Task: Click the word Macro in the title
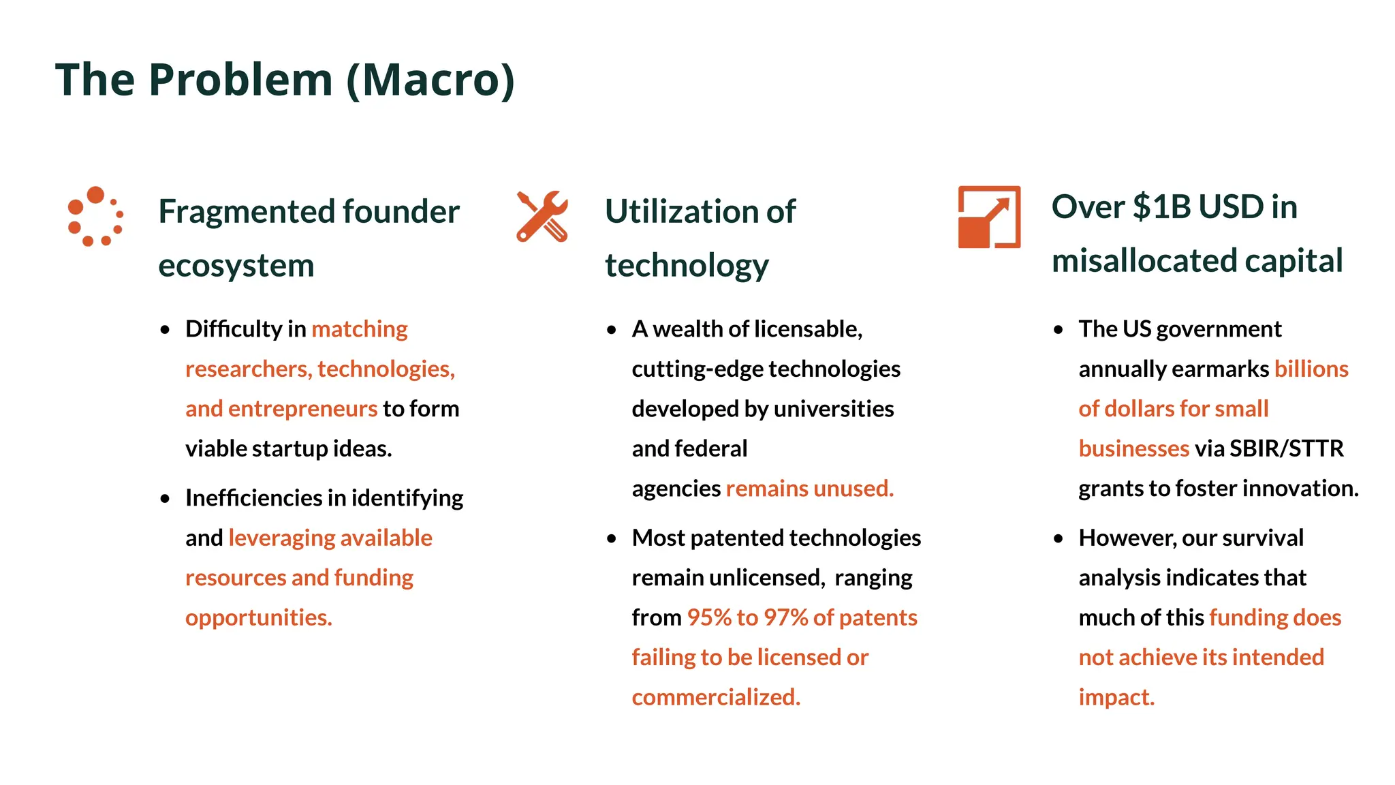click(x=431, y=80)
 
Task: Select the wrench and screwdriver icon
click(x=542, y=216)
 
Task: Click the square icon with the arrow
click(x=989, y=217)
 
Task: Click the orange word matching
click(x=360, y=329)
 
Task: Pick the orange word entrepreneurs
click(x=302, y=409)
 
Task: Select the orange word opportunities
click(x=258, y=617)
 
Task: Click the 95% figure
click(x=708, y=617)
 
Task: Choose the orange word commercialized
click(x=716, y=697)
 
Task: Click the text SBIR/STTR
click(x=1286, y=448)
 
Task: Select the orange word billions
click(x=1311, y=369)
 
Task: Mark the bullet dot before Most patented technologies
click(x=612, y=538)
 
